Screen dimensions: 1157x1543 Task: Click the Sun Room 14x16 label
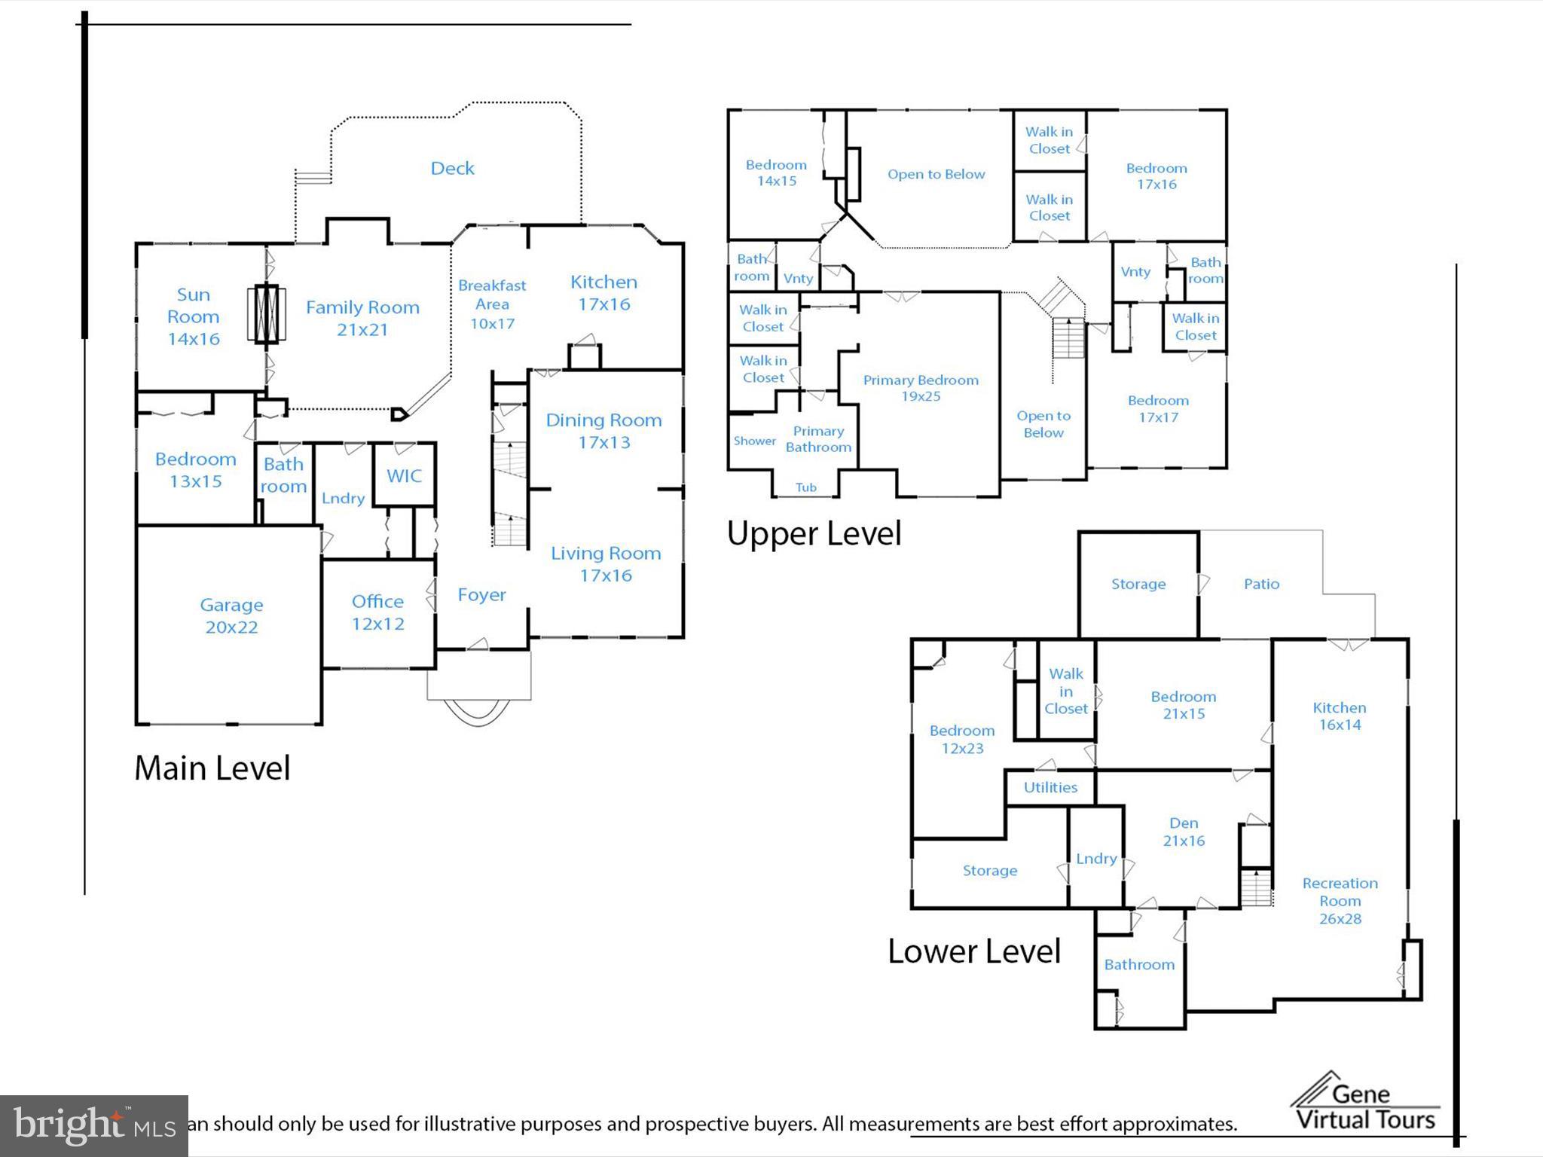click(193, 316)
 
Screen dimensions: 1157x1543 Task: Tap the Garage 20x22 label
click(231, 615)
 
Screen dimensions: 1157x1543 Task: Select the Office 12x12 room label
click(377, 612)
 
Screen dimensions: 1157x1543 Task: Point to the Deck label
click(452, 168)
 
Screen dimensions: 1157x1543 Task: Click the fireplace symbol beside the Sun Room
click(266, 313)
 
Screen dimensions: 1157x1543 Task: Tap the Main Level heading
click(212, 768)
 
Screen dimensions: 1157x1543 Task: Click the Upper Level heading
click(814, 533)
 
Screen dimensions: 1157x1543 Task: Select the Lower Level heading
click(973, 951)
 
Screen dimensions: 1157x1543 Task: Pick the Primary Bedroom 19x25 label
click(921, 387)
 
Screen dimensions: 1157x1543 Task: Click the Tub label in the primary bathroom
click(805, 487)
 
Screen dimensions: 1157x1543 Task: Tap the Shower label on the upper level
click(754, 441)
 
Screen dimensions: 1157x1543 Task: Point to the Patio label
click(1261, 584)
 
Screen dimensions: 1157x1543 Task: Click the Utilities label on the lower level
click(1050, 787)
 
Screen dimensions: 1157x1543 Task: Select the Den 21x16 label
click(1184, 832)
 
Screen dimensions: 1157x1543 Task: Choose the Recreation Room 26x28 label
click(1340, 900)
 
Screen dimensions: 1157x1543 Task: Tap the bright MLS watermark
click(93, 1125)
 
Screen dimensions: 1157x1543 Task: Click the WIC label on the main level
click(404, 475)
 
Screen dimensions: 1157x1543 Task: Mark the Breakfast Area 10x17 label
click(492, 304)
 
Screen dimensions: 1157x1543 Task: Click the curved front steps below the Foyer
click(478, 713)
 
